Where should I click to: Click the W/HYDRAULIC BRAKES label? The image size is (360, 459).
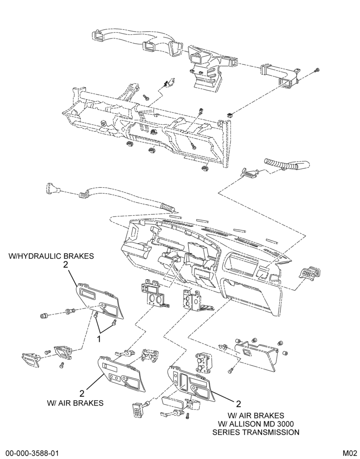click(x=51, y=256)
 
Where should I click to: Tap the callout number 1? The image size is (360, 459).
click(x=99, y=339)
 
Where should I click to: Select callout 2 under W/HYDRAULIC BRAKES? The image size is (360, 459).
click(x=66, y=265)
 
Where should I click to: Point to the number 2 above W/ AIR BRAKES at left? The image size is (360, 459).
click(x=82, y=393)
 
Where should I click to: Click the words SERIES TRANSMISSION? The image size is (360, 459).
click(x=256, y=432)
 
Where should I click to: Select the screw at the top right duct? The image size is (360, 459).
click(x=317, y=70)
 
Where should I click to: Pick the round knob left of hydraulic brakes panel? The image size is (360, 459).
click(x=44, y=316)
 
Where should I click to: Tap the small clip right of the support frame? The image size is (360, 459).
click(x=230, y=114)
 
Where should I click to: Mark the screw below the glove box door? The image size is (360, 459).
click(x=230, y=371)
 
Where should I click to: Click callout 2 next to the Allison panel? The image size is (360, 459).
click(x=238, y=404)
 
